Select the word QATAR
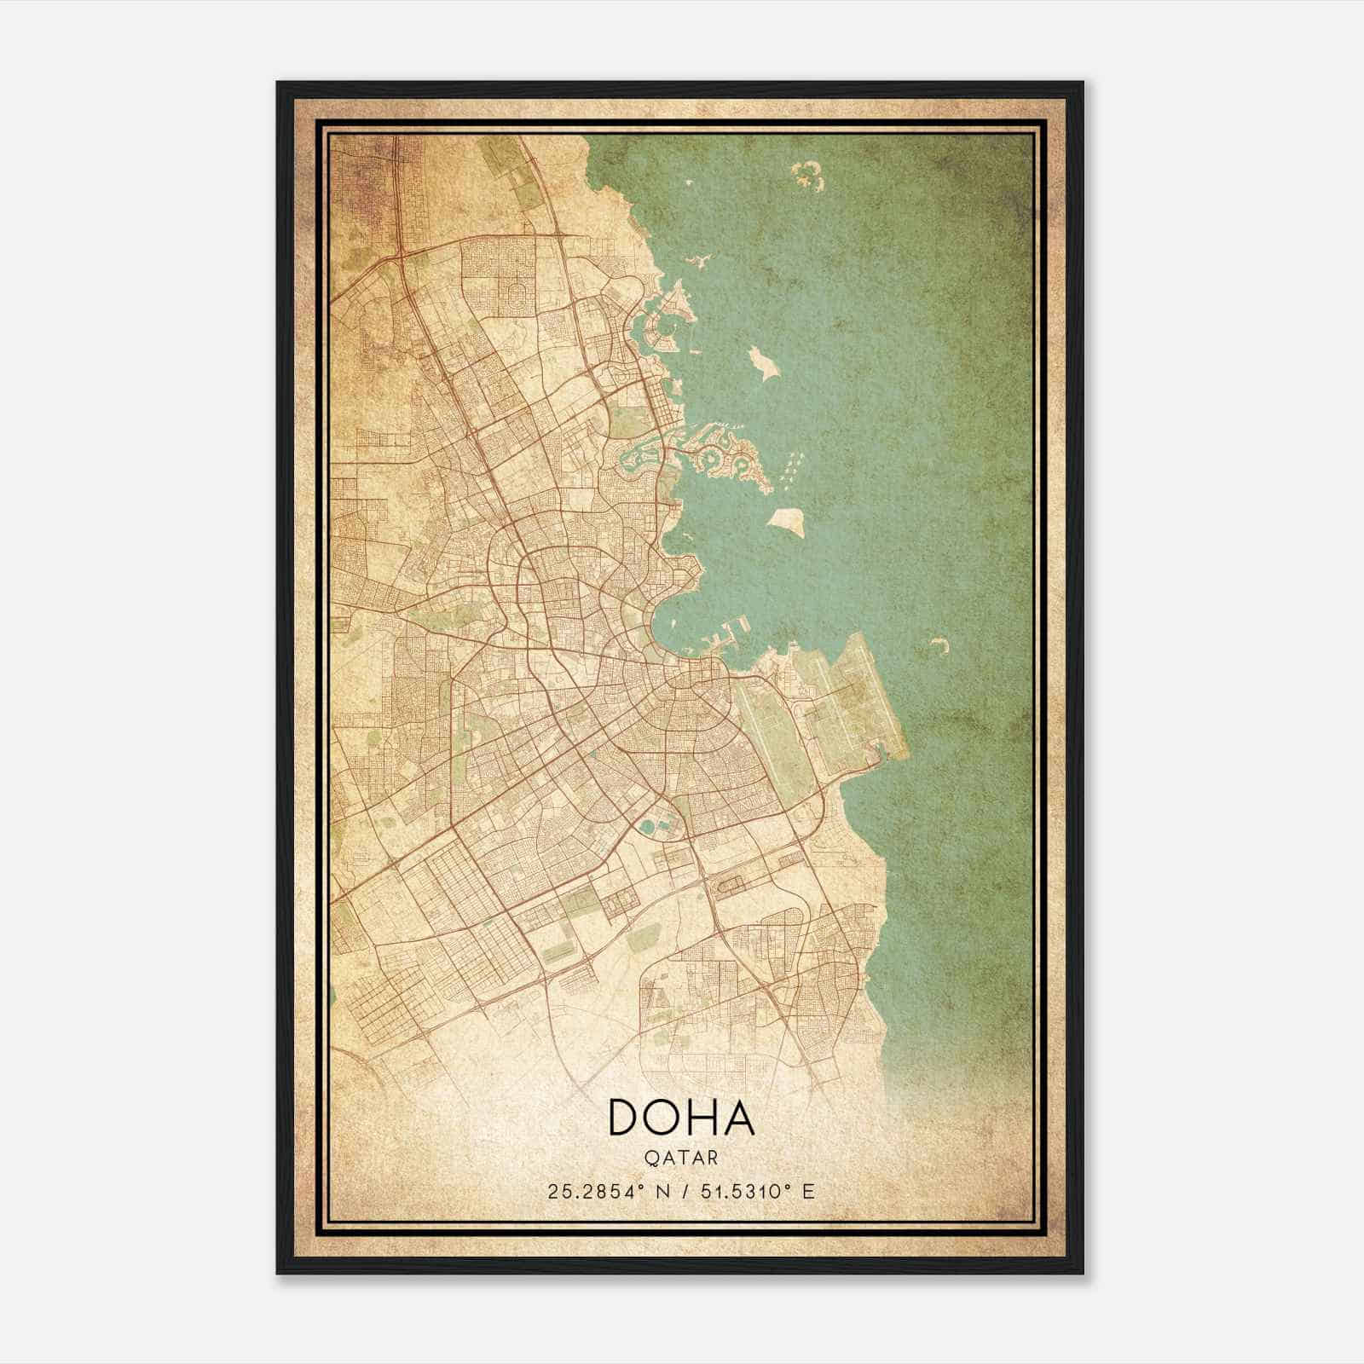click(681, 1158)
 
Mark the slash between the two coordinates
click(681, 1191)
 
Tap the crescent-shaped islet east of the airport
click(940, 645)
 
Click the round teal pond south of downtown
click(651, 825)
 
